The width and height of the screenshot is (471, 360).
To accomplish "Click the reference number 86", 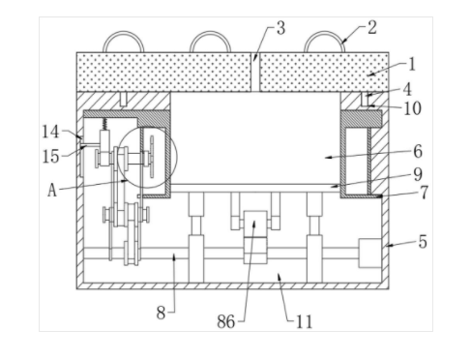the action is click(x=226, y=321).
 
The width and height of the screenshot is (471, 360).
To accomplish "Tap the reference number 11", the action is click(x=305, y=321).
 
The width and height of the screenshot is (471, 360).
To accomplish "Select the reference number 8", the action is click(x=161, y=313).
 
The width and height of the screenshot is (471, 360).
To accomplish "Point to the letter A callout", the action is click(x=52, y=190).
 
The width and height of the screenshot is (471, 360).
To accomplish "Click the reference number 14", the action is click(x=50, y=132).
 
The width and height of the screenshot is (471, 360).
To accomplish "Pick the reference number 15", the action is click(x=51, y=157).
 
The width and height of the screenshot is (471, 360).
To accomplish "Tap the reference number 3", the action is click(x=280, y=28).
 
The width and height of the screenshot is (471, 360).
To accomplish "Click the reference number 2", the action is click(x=372, y=27).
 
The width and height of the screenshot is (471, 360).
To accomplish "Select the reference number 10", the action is click(x=413, y=108).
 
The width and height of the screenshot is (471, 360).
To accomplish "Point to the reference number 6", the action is click(x=418, y=151).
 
